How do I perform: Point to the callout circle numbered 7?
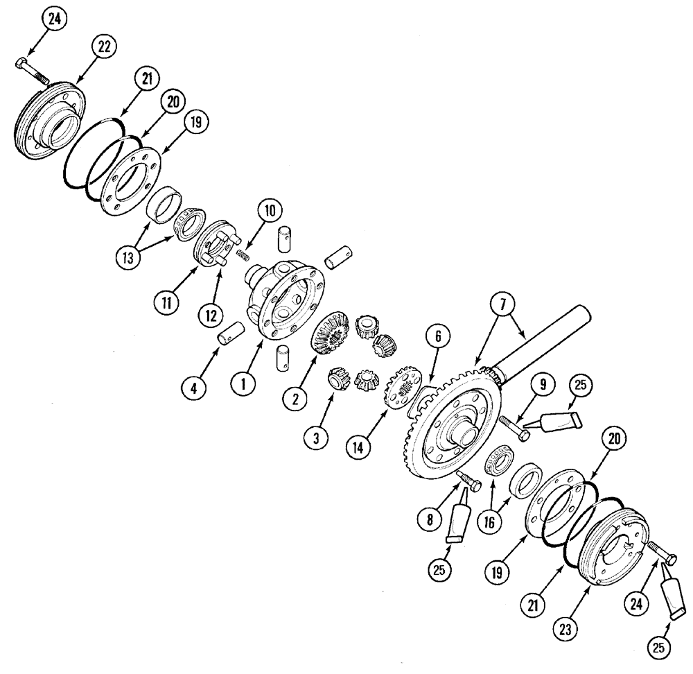pyautogui.click(x=502, y=304)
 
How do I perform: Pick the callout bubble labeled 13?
pyautogui.click(x=127, y=254)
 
